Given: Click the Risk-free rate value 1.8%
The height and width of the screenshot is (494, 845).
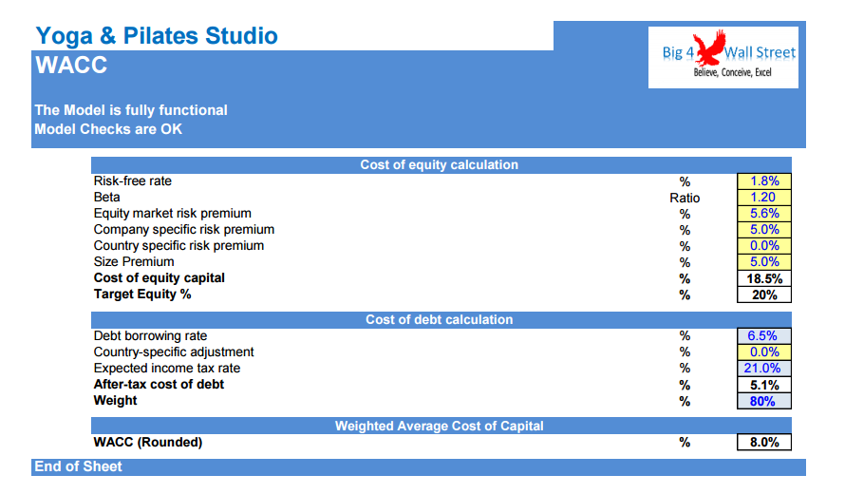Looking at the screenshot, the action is (763, 181).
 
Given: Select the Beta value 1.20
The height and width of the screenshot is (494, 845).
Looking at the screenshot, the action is (763, 198).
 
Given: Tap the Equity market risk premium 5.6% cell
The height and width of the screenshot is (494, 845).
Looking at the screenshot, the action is (763, 214).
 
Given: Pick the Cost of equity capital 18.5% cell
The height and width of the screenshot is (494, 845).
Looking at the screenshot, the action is (763, 278).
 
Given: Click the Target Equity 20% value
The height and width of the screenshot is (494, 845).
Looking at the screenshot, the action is (763, 295).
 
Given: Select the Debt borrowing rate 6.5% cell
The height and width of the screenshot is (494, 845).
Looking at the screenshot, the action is (763, 336).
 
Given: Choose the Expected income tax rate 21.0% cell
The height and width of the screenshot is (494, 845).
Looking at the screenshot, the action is (763, 369).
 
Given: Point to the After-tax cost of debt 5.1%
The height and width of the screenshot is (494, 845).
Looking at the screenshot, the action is (763, 385).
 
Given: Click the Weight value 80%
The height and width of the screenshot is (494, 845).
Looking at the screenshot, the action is (763, 401).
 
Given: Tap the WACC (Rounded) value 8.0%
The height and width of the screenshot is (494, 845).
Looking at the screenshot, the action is (763, 443).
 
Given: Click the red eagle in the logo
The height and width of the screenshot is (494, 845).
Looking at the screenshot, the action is (709, 48).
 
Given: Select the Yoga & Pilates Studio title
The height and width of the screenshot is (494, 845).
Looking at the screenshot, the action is (157, 36).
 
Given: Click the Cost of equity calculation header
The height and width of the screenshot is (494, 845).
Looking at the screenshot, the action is (440, 165).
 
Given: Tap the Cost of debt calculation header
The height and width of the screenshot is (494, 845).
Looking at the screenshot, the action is (440, 320).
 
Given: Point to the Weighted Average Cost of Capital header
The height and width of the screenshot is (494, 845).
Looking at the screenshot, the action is (440, 426).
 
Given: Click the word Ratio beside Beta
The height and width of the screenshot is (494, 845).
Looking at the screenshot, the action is (685, 198).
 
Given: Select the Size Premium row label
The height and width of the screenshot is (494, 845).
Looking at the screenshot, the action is (134, 262).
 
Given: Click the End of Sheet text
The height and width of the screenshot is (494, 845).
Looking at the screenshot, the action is (78, 466).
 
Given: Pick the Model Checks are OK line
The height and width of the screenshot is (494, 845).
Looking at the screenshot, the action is (108, 129).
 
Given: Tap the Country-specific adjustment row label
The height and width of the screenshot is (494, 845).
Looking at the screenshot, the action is (174, 352).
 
